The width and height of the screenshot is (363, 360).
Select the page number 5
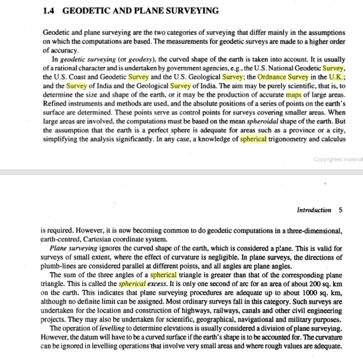click(340, 210)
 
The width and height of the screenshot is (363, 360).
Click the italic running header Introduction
click(314, 210)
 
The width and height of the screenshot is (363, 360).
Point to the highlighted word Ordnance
click(273, 77)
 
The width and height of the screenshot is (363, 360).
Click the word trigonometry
click(291, 139)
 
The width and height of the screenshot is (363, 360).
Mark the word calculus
click(330, 139)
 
